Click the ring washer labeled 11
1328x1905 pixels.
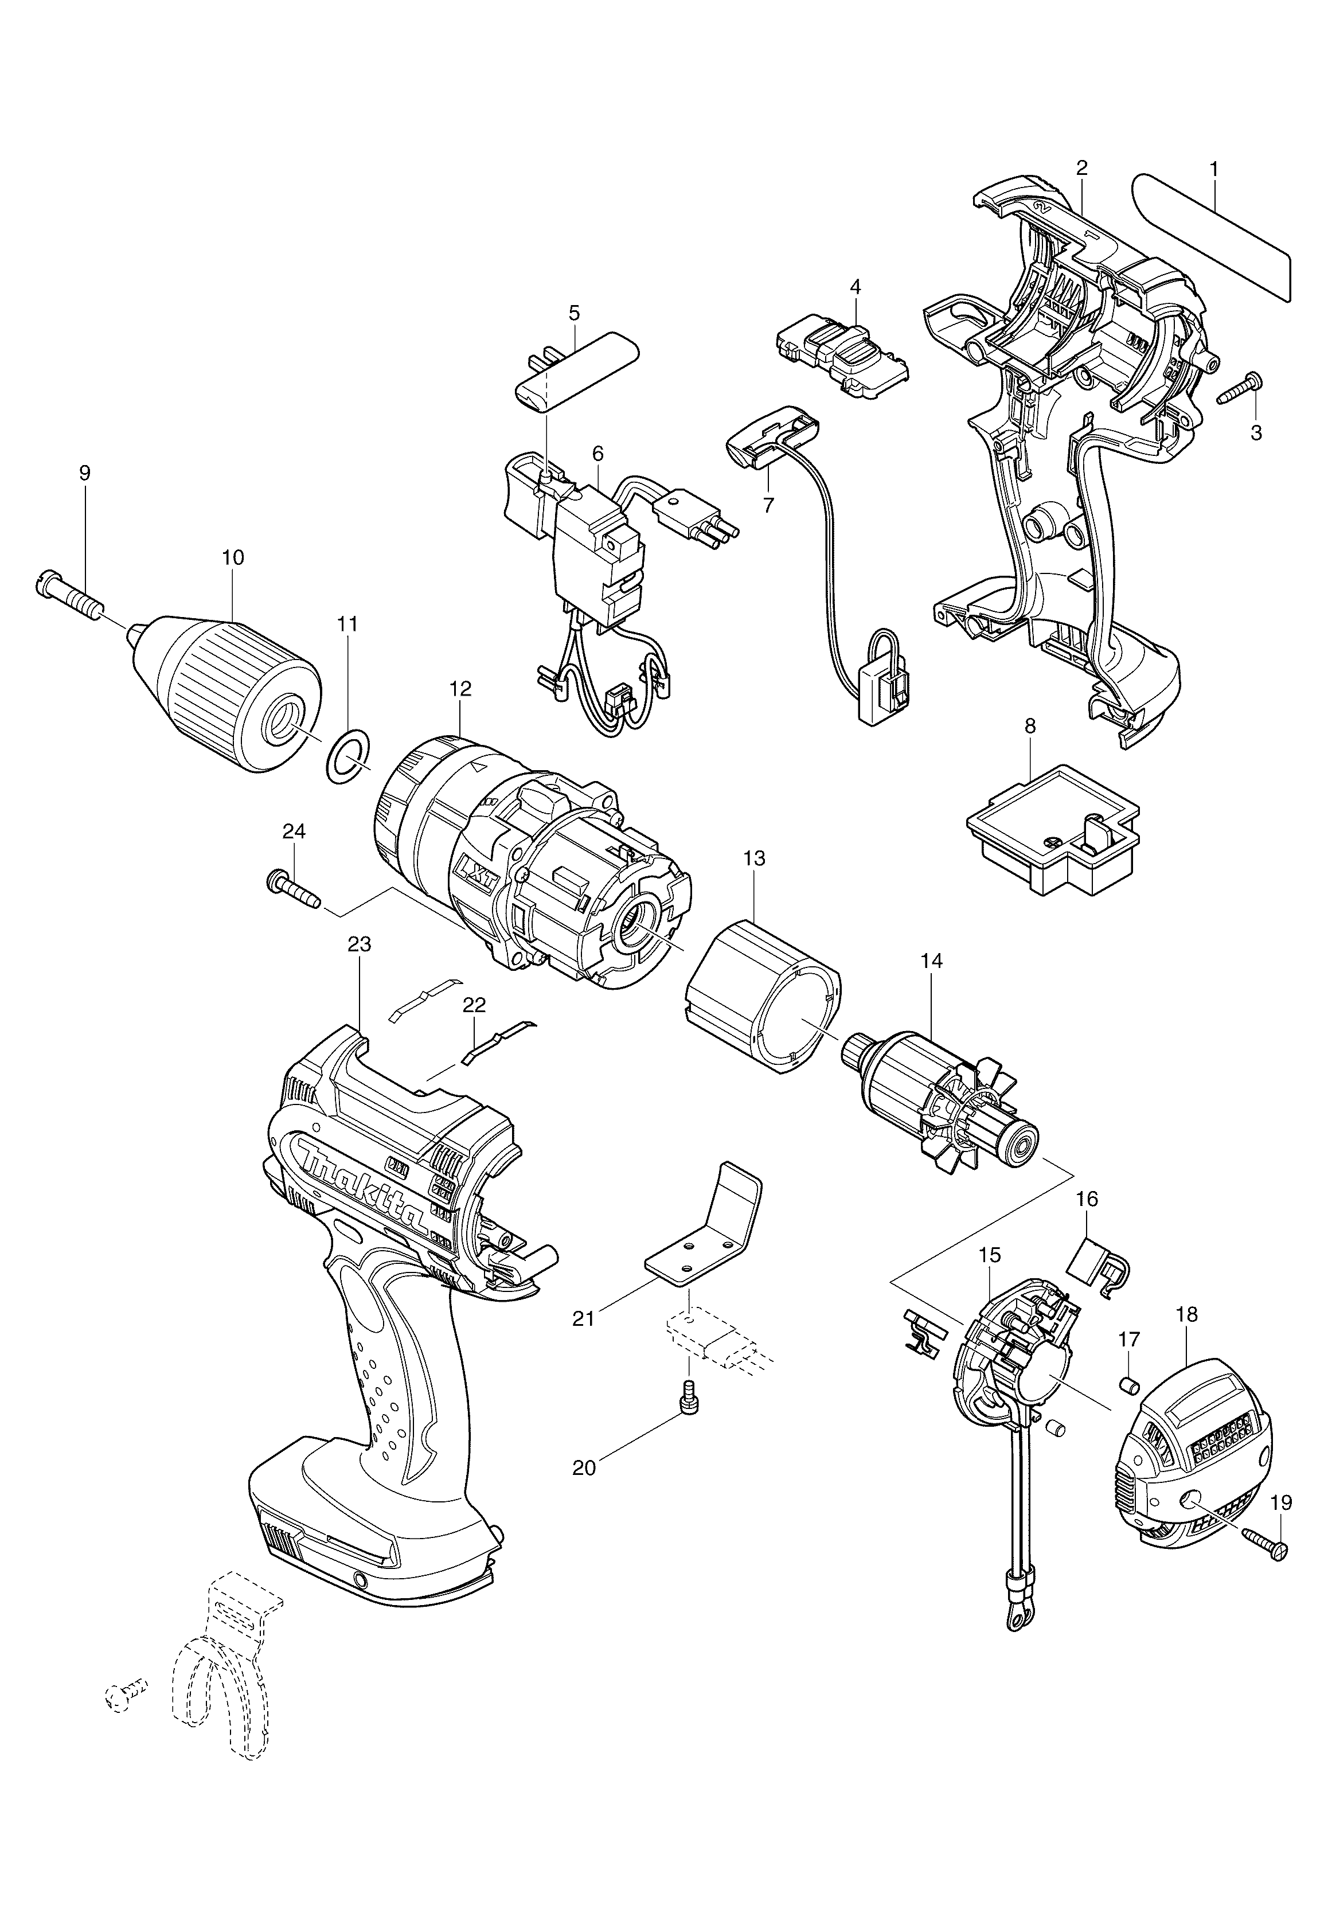tap(346, 756)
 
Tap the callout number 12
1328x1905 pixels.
tap(460, 689)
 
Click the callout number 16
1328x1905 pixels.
tap(1087, 1199)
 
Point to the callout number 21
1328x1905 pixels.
tap(584, 1318)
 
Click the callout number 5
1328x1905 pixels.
tap(574, 314)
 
